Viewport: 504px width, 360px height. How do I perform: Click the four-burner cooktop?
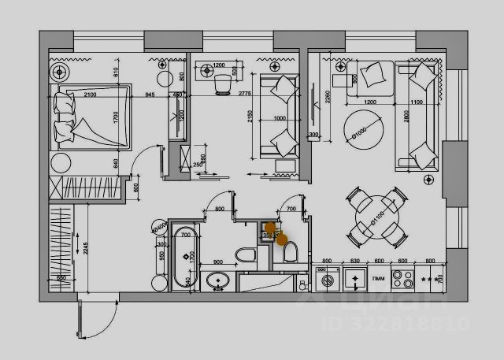pos(403,278)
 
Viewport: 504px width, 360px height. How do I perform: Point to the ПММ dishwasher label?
pos(379,278)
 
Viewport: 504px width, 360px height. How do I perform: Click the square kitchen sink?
pos(353,279)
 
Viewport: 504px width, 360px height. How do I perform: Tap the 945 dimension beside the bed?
pos(149,95)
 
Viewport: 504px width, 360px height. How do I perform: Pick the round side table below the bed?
pos(61,165)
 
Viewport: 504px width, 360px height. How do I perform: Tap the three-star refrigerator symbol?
pos(430,280)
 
